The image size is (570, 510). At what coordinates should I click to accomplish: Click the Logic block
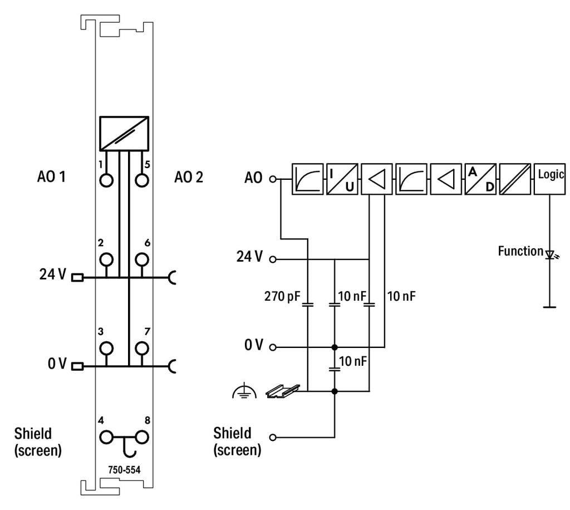[x=551, y=179]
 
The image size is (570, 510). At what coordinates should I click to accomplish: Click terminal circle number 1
[x=106, y=180]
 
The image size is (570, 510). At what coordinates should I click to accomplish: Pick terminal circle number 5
[x=142, y=180]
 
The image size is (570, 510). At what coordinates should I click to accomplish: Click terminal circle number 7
[x=142, y=348]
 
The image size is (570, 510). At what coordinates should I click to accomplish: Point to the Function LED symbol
[x=551, y=255]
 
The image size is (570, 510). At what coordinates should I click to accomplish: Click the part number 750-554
[x=125, y=469]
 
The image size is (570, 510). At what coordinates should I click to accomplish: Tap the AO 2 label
[x=189, y=178]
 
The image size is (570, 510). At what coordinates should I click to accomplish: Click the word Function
[x=520, y=251]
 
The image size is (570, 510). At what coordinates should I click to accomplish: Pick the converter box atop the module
[x=124, y=133]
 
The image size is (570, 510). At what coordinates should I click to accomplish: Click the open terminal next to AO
[x=273, y=179]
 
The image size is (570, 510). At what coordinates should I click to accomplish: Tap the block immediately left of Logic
[x=515, y=179]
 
